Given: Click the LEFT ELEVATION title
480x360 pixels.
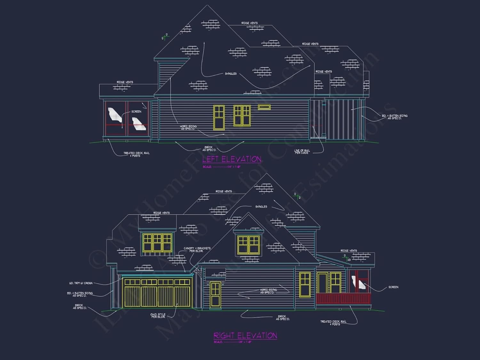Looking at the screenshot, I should [x=232, y=159].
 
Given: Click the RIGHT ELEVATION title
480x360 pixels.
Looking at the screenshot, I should [x=245, y=335].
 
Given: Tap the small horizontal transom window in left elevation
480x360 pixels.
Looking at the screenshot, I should [x=264, y=107].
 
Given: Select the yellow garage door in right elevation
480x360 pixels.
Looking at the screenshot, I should [x=157, y=293].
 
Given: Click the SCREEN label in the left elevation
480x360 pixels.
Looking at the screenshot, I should [x=136, y=112].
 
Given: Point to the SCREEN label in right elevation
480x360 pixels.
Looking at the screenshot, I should [x=393, y=287].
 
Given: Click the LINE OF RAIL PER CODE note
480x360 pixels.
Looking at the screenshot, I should [x=302, y=152].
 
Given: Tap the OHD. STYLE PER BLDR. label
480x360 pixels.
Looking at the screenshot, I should [x=158, y=316].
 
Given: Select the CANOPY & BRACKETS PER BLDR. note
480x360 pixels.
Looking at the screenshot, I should [x=197, y=249].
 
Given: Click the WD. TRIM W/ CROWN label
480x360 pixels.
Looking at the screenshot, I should [x=81, y=283].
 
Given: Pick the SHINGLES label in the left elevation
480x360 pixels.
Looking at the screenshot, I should [x=231, y=74].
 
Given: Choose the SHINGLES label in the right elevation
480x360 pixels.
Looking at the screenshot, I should [x=261, y=207].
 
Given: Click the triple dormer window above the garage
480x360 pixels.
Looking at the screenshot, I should [x=157, y=242].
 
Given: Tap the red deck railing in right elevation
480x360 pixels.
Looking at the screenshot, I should [x=343, y=299].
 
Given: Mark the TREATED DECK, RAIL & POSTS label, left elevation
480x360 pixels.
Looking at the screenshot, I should [x=136, y=154].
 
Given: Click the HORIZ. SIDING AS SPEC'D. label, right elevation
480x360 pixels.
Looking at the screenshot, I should [x=268, y=291].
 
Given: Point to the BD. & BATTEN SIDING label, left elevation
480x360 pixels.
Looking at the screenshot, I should [x=395, y=117].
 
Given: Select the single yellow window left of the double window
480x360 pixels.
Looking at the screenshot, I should [x=219, y=117].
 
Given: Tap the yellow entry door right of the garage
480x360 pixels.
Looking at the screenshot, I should [x=215, y=295].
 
